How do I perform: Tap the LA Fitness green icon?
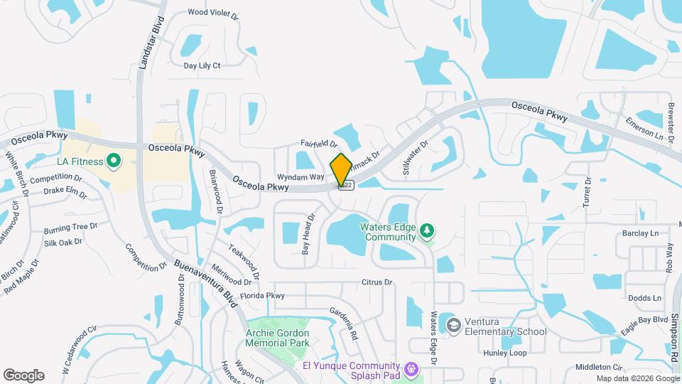click(113, 161)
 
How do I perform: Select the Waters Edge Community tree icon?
click(427, 230)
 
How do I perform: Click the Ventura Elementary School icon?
click(453, 325)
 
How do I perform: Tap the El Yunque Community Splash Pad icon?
click(410, 368)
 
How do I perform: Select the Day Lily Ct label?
click(202, 65)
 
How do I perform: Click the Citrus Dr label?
click(377, 282)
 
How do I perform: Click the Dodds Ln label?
click(644, 298)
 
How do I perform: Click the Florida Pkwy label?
click(262, 295)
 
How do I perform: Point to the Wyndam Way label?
click(301, 177)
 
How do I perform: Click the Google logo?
click(23, 375)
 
